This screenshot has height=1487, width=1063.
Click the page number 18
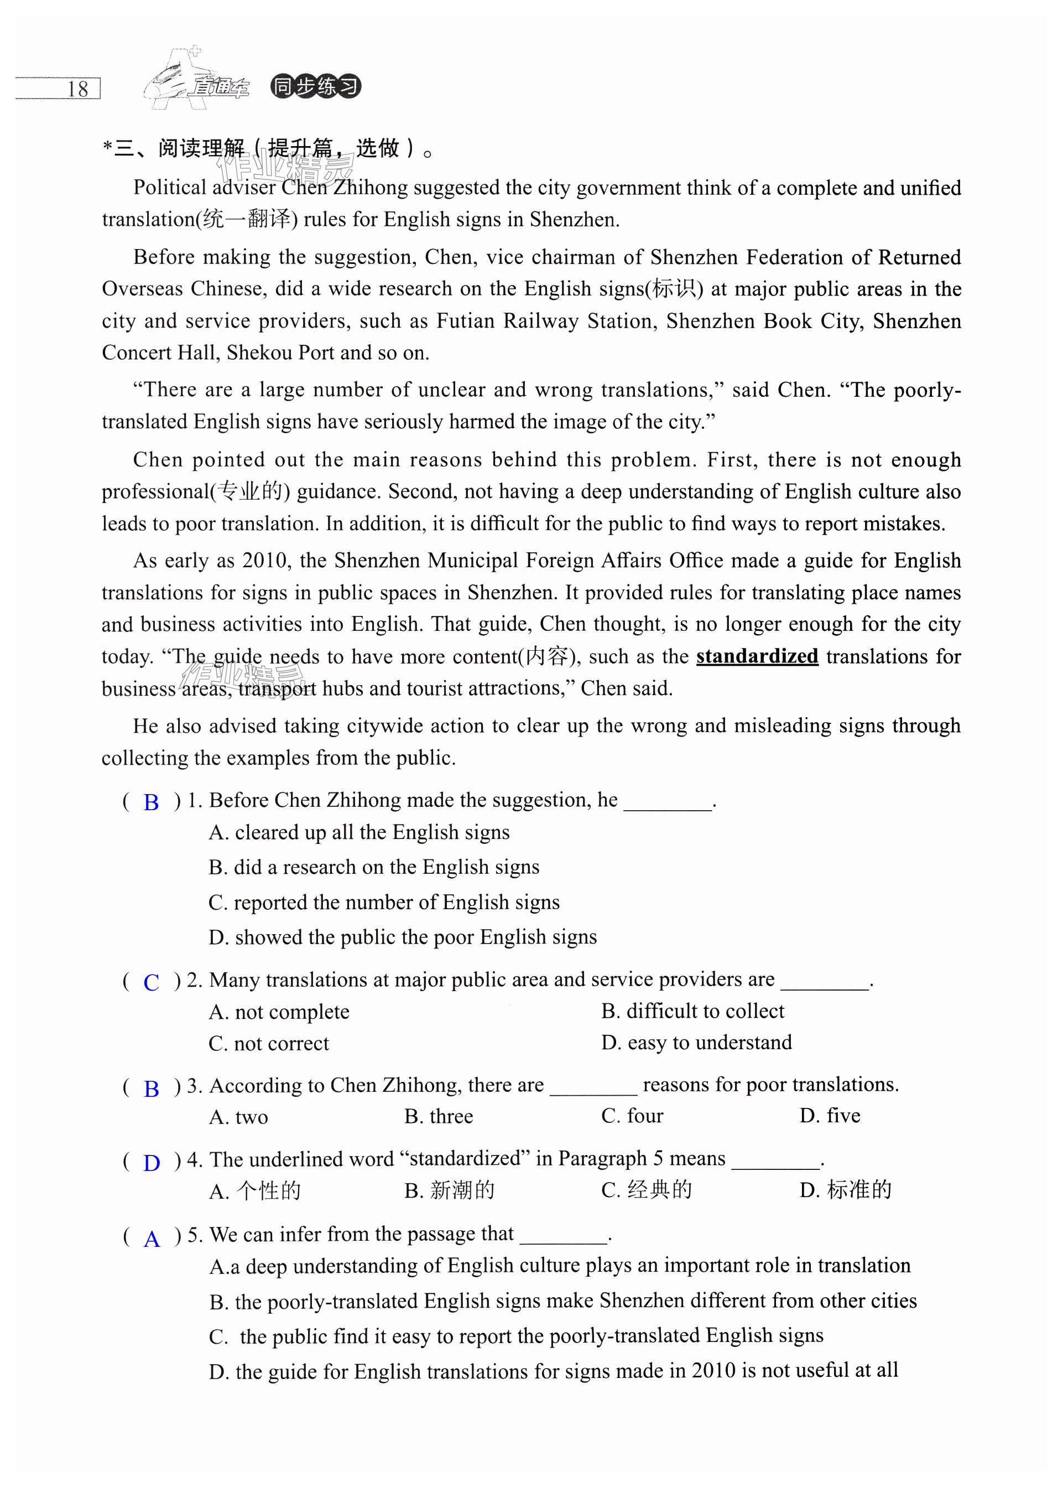coord(77,89)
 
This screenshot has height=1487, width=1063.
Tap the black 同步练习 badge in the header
coord(315,86)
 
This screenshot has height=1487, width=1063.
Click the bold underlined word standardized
coord(757,656)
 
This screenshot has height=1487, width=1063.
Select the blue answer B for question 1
coord(151,802)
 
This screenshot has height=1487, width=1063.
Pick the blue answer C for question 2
coord(151,982)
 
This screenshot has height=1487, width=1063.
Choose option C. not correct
coord(269,1043)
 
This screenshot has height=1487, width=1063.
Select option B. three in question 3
coord(439,1116)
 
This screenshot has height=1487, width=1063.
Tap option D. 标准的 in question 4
coord(845,1190)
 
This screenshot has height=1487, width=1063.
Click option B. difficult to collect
coord(692,1011)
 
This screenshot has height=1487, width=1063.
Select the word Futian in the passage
coord(462,321)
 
